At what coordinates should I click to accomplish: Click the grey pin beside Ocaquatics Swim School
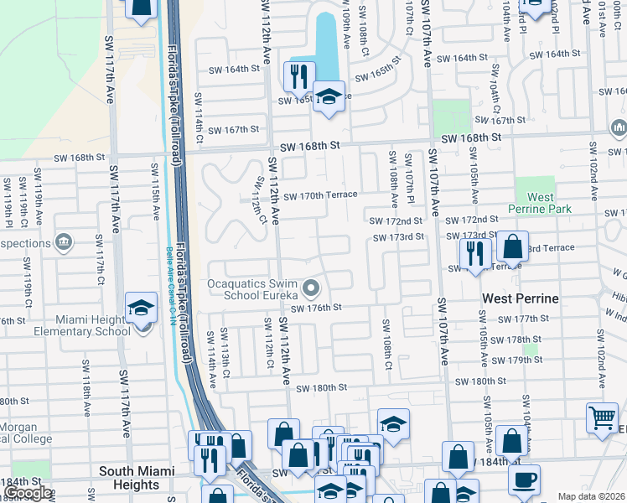point(312,289)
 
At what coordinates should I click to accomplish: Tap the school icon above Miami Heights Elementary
point(141,309)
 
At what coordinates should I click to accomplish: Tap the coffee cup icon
point(524,479)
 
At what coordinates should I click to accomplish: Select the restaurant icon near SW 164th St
point(298,76)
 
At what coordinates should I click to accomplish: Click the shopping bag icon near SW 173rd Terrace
point(511,246)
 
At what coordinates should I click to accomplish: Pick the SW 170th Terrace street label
point(320,195)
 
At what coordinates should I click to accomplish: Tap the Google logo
point(28,493)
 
